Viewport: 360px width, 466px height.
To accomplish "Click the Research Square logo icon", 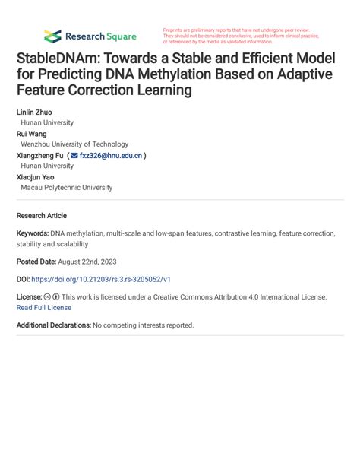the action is (x=52, y=36).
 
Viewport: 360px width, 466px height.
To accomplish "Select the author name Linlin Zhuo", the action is (x=34, y=112).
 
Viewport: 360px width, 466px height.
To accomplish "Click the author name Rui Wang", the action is (x=32, y=134).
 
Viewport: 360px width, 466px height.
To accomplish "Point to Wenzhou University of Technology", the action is (x=74, y=144).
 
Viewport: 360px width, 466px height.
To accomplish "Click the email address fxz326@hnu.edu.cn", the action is (x=110, y=155).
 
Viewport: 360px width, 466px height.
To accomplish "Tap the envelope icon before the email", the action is (x=74, y=155).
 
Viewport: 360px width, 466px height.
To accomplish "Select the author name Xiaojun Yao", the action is (x=36, y=176).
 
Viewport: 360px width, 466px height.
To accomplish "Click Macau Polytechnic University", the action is (x=67, y=187).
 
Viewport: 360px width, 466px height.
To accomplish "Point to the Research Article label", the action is (x=42, y=216).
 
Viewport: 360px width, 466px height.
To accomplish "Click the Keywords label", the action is (x=33, y=233).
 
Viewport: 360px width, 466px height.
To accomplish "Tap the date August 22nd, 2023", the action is (x=93, y=262).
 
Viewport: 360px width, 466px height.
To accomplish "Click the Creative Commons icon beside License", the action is (x=47, y=297).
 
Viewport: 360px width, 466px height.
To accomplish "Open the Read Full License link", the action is (x=44, y=308).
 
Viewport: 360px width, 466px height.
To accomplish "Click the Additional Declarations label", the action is (x=53, y=325).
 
